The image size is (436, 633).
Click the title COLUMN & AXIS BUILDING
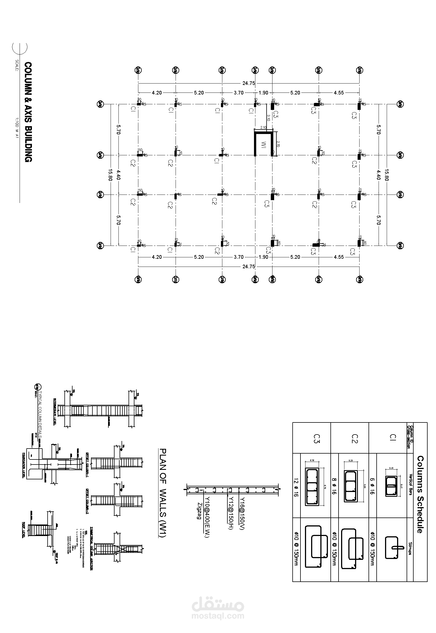pos(28,112)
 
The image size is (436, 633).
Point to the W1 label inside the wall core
pos(263,145)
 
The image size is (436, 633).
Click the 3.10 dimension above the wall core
pos(268,117)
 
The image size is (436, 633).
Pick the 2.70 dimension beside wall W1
pos(278,144)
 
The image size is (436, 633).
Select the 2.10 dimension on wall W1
pos(263,128)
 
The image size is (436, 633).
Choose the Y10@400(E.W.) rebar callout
pos(207,518)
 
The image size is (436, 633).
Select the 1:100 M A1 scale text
pos(17,128)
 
